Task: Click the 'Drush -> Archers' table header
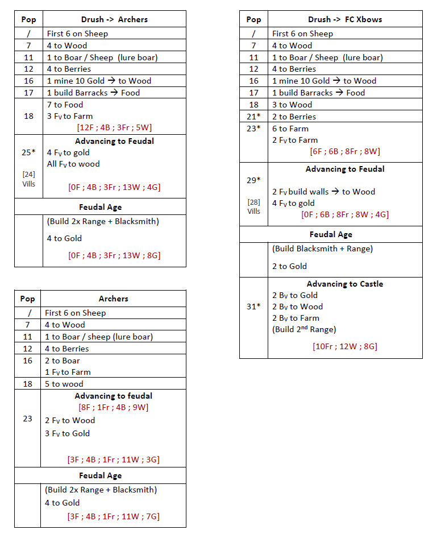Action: pos(114,19)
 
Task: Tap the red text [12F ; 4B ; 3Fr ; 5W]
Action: pos(114,127)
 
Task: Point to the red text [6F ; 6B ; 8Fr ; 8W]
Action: pos(345,151)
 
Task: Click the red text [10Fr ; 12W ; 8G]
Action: pos(345,346)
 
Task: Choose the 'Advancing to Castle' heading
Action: pos(345,284)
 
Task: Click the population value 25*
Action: pos(28,152)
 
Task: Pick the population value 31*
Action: pos(253,306)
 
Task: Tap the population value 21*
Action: pos(253,117)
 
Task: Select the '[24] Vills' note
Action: pos(28,179)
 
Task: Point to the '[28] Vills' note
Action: pos(253,206)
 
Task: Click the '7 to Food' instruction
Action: pos(65,105)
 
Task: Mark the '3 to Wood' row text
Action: pos(292,105)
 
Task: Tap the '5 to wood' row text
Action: pos(64,384)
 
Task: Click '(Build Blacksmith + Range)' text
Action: pos(322,249)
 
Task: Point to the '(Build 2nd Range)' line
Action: pos(304,329)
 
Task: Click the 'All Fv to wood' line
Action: pos(73,164)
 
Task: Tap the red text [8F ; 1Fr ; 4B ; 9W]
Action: pos(114,407)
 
